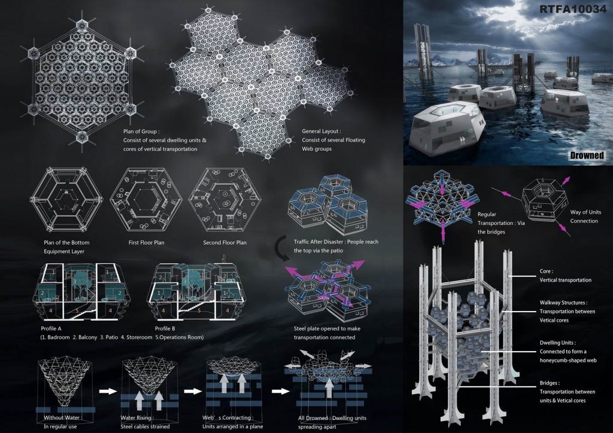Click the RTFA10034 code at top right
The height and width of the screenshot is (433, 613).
pyautogui.click(x=573, y=8)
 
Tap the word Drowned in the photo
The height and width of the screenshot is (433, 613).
pyautogui.click(x=587, y=155)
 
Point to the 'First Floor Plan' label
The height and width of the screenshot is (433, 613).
pyautogui.click(x=147, y=242)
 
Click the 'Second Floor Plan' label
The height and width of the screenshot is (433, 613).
pyautogui.click(x=225, y=242)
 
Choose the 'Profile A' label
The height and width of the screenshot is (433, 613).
pyautogui.click(x=51, y=328)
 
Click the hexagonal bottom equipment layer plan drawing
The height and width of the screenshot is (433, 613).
pyautogui.click(x=66, y=200)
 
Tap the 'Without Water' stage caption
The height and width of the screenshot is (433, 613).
pyautogui.click(x=62, y=418)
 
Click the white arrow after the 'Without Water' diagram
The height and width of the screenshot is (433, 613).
pyautogui.click(x=108, y=391)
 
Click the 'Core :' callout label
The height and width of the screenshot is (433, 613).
pyautogui.click(x=547, y=271)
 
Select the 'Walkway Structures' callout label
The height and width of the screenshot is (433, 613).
pyautogui.click(x=563, y=303)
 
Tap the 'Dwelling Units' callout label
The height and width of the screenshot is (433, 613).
pyautogui.click(x=557, y=343)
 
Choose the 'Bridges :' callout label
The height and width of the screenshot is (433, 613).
pyautogui.click(x=550, y=383)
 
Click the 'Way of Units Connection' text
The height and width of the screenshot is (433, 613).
pyautogui.click(x=585, y=216)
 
